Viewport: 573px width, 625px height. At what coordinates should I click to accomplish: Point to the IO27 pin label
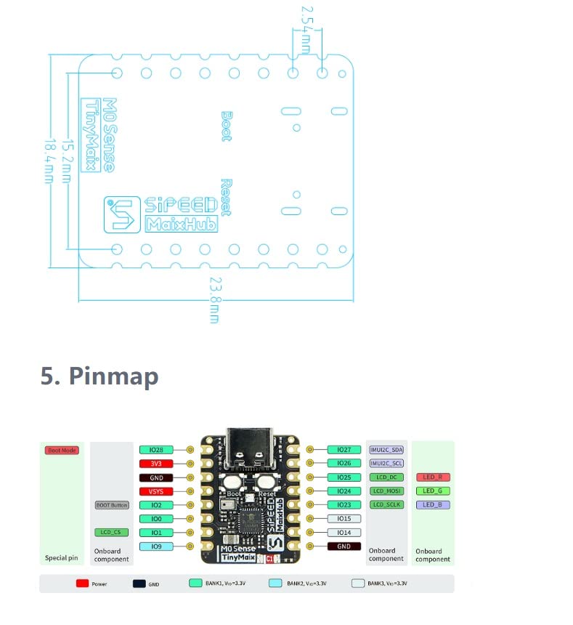click(344, 450)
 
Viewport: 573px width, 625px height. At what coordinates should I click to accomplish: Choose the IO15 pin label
click(344, 519)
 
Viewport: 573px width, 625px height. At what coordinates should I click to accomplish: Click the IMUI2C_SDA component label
click(386, 450)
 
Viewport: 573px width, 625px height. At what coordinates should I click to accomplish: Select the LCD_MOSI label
click(386, 491)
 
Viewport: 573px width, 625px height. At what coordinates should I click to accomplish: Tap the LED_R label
click(433, 477)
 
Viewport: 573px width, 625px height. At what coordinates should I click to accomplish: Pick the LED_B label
click(433, 505)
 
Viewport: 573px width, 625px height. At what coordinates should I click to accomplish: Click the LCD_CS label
click(111, 533)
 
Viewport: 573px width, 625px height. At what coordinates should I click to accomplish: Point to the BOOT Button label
click(111, 505)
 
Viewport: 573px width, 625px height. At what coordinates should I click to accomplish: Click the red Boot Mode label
click(62, 451)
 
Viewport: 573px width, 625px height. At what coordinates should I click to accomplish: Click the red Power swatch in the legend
click(82, 584)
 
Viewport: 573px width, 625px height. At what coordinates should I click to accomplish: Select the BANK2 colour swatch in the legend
click(275, 584)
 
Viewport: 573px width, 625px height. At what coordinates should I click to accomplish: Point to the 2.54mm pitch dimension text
click(305, 28)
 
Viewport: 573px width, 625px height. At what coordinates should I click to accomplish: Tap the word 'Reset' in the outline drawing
click(226, 197)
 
